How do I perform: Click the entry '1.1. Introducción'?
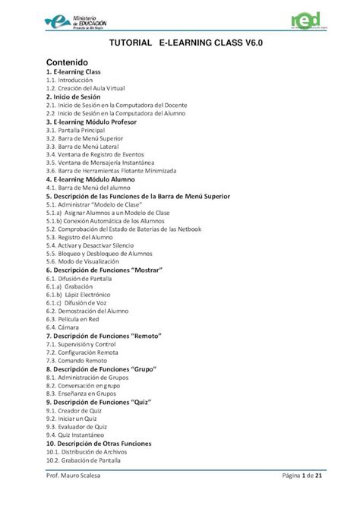[x=69, y=80]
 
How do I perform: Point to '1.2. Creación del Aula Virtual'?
[x=85, y=88]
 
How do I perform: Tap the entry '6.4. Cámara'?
[x=65, y=327]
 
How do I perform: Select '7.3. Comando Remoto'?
[x=76, y=361]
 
